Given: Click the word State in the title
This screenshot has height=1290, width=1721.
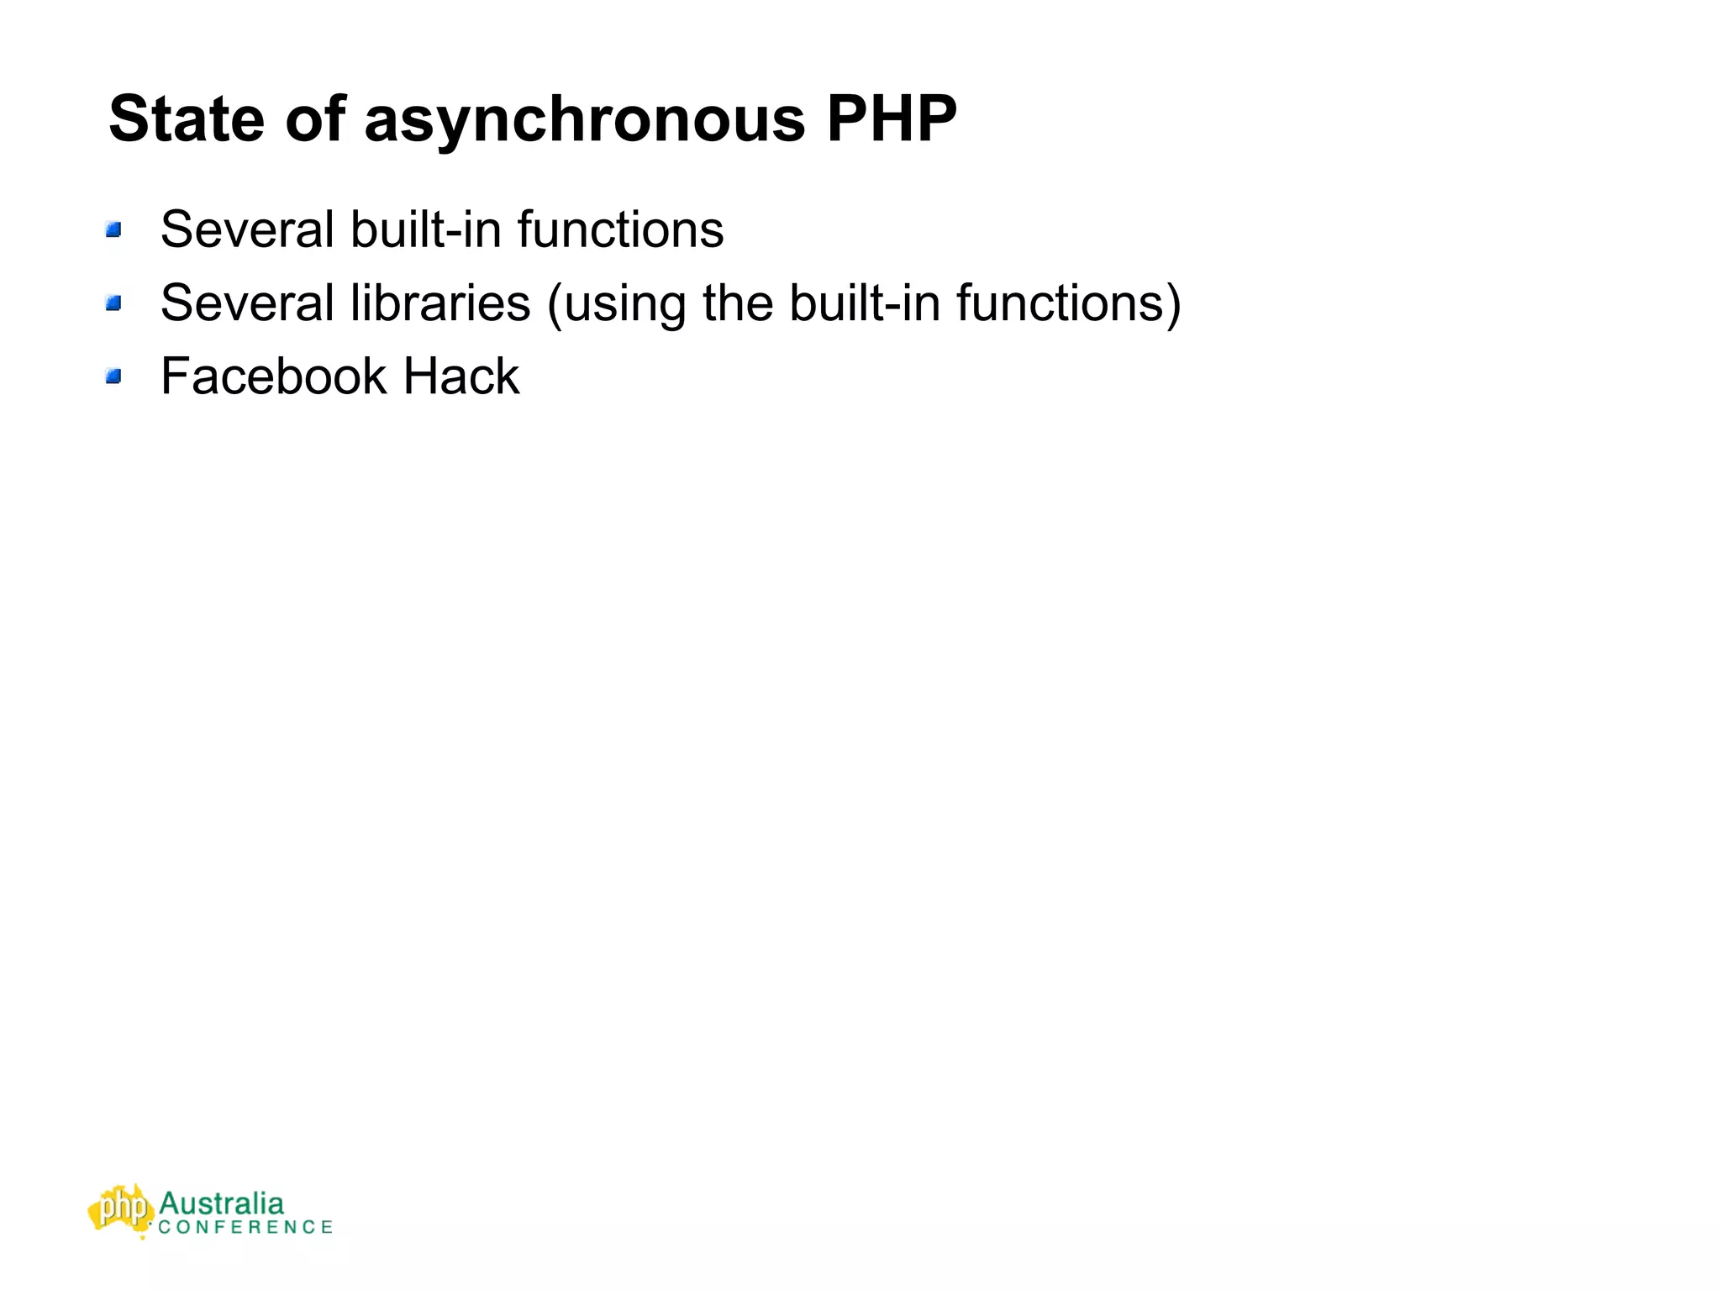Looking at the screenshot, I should tap(186, 118).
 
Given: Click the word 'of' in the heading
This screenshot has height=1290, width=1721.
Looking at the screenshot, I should tap(315, 118).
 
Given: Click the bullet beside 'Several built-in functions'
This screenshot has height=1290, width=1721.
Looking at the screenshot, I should tap(114, 229).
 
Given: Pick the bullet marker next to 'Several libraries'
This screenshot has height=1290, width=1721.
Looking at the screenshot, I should tap(114, 303).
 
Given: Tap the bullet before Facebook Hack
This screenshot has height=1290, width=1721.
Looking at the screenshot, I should tap(114, 376).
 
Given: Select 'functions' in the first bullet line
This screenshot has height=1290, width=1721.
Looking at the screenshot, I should tap(620, 229).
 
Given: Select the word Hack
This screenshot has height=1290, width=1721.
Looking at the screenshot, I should tap(461, 376).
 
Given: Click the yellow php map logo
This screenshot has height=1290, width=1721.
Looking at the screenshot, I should tap(121, 1209).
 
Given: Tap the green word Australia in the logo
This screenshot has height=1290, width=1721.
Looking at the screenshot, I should tap(221, 1203).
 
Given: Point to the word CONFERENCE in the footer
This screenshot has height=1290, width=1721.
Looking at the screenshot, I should tap(245, 1227).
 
